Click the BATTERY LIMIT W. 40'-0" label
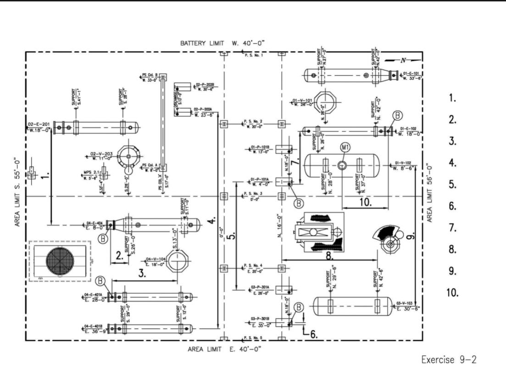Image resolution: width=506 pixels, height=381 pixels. [x=222, y=43]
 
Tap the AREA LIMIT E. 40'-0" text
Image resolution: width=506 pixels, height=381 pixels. [x=224, y=349]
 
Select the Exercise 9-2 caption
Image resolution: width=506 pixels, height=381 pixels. [x=449, y=359]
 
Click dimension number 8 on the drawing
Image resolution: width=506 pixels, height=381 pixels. [x=330, y=255]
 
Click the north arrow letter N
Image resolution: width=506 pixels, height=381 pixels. [x=402, y=60]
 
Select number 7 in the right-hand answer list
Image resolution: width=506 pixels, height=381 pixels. [x=452, y=228]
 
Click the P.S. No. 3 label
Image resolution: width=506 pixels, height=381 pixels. [x=253, y=193]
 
